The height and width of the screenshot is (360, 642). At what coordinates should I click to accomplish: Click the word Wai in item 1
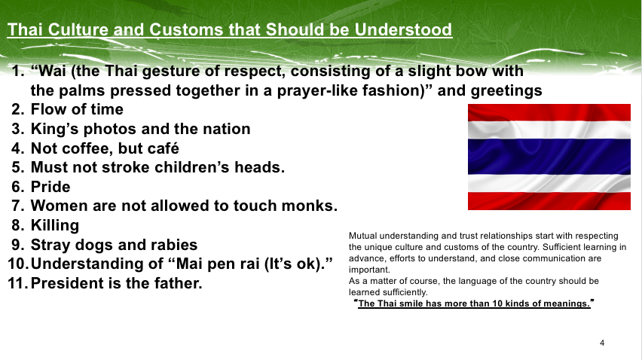[x=52, y=71]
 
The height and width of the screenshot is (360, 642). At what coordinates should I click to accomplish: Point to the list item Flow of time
[x=77, y=109]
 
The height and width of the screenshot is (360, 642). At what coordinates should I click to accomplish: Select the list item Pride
[x=50, y=187]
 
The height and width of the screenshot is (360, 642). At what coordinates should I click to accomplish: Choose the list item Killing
[x=55, y=225]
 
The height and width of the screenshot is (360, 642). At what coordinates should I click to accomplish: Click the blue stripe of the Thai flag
[x=549, y=156]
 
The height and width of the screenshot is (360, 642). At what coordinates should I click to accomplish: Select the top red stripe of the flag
[x=549, y=112]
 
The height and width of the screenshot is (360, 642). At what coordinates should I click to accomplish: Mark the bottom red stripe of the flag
[x=549, y=201]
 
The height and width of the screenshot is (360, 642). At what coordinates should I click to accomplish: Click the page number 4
[x=602, y=343]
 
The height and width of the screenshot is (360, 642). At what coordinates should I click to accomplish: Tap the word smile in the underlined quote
[x=411, y=304]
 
